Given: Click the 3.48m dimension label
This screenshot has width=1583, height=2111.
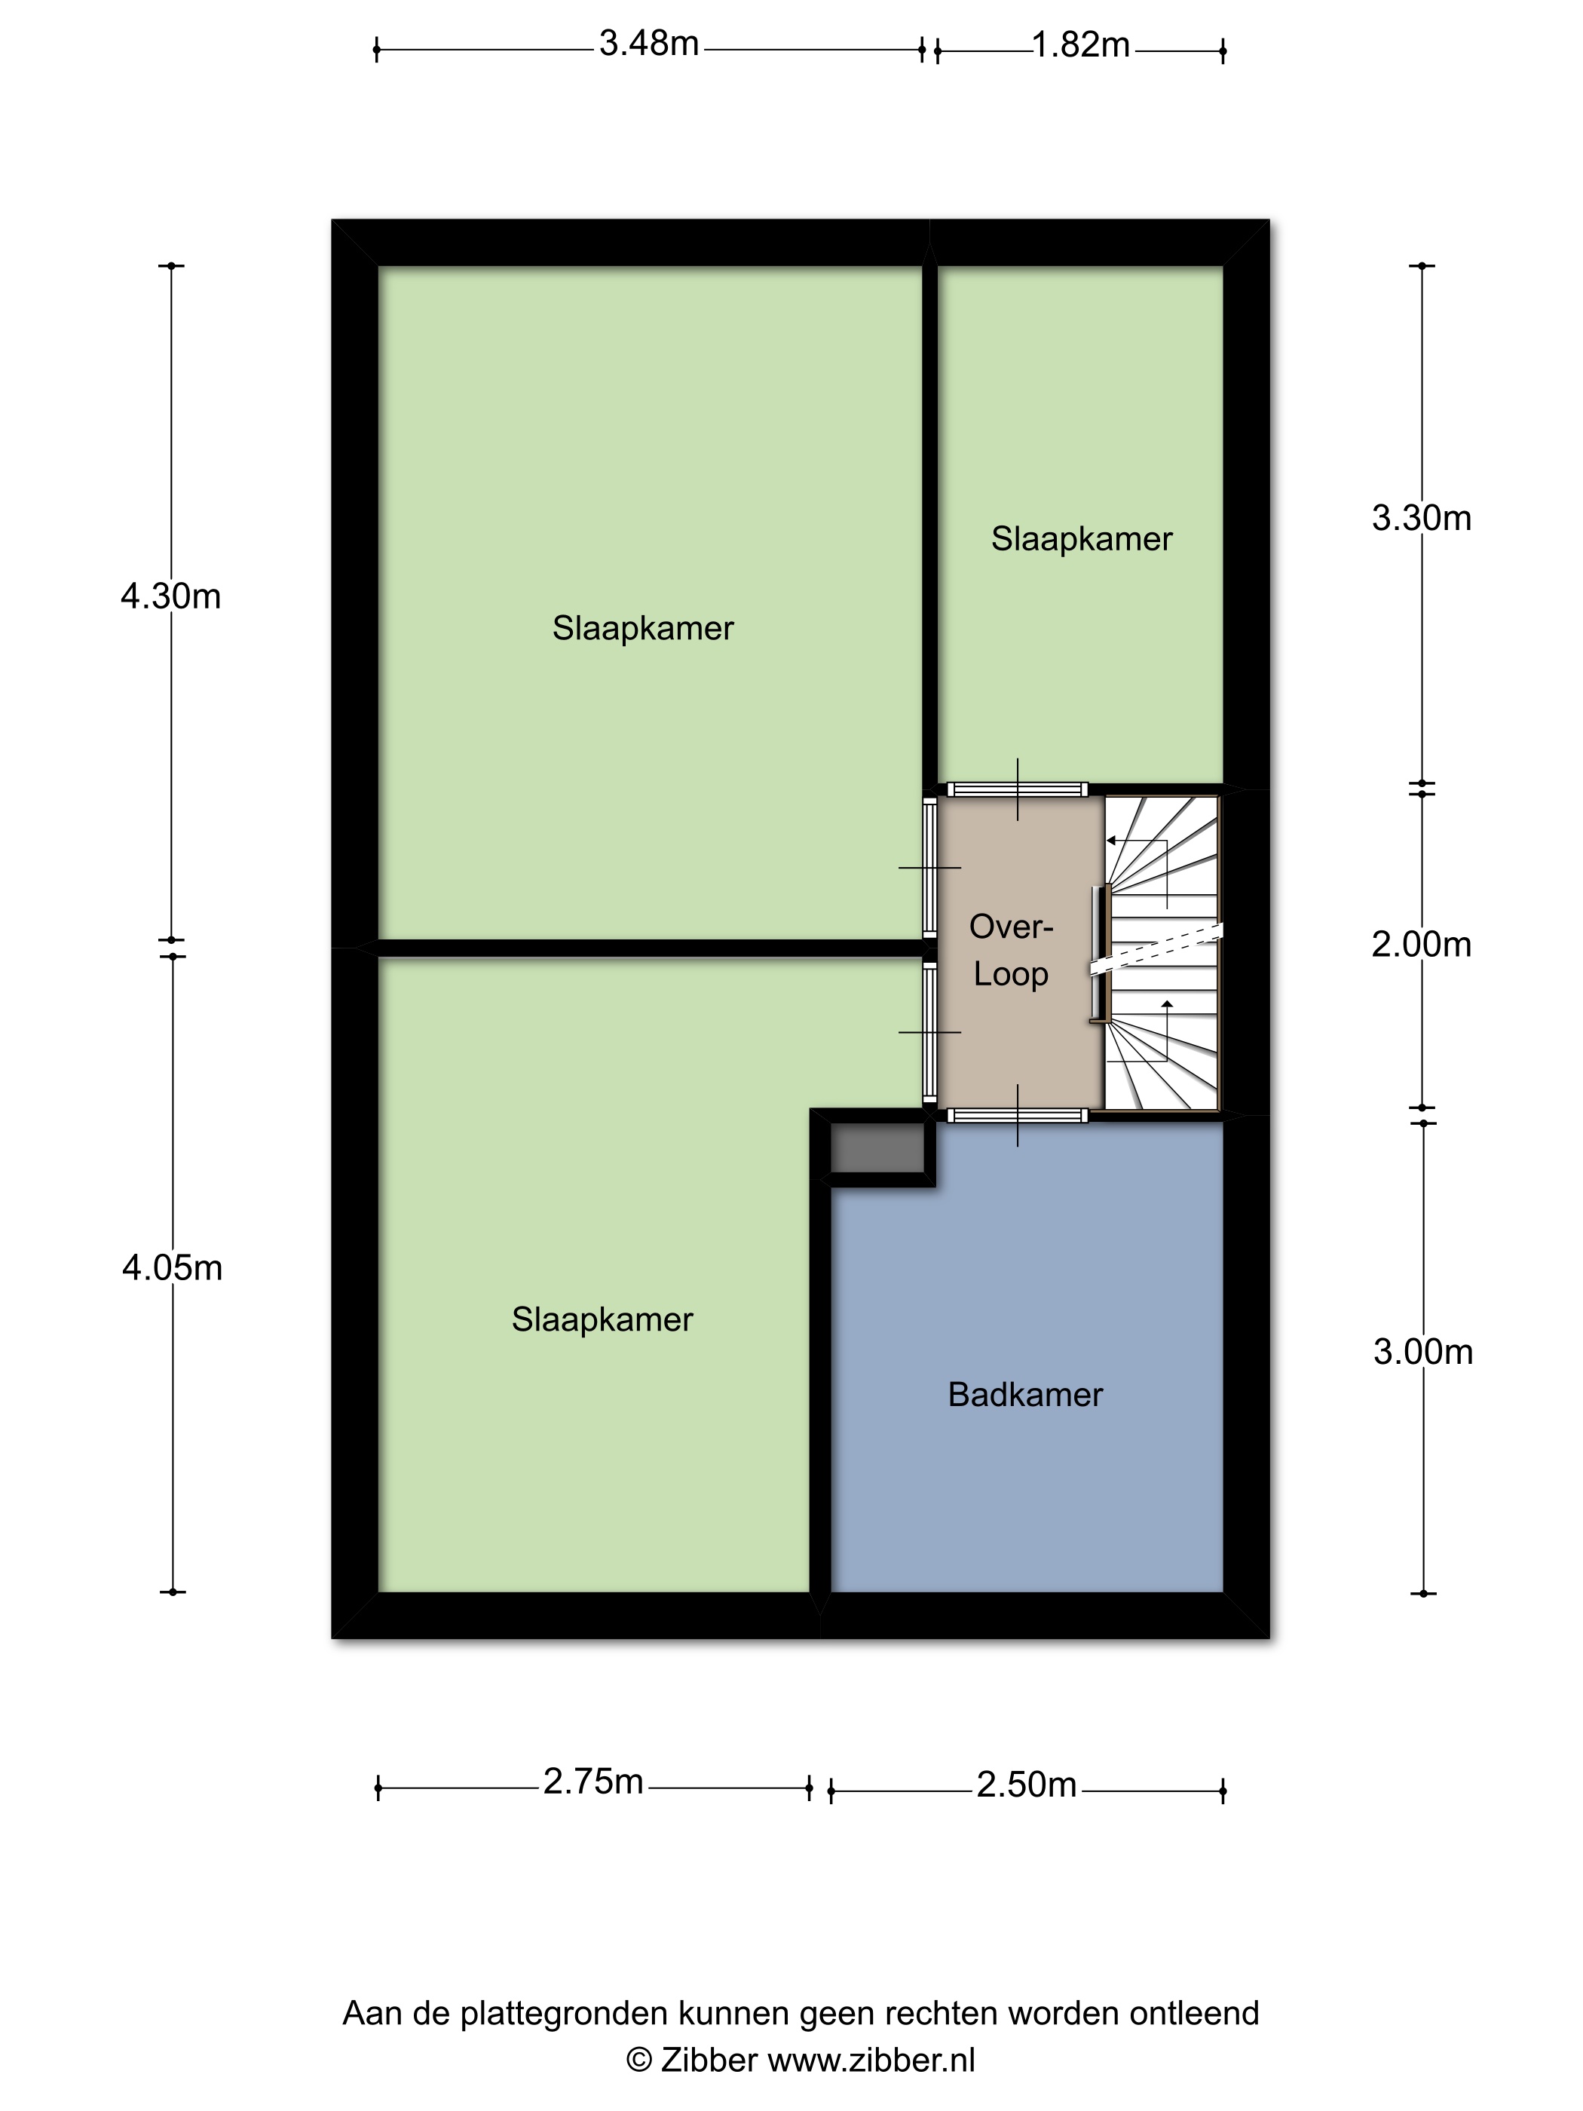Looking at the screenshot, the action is (649, 44).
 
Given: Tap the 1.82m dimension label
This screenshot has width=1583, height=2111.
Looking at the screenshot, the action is (1080, 44).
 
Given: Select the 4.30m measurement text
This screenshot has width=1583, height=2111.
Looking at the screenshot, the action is (171, 596).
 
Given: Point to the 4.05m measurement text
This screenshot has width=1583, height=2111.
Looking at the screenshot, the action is (172, 1268).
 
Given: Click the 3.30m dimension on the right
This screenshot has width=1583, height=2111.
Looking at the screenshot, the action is (1421, 518).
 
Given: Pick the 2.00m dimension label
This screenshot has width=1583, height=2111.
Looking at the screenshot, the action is (1421, 945).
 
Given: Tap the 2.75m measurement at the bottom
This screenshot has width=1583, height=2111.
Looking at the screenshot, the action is (592, 1782).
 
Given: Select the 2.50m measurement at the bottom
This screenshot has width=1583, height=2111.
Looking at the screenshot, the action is (1026, 1785).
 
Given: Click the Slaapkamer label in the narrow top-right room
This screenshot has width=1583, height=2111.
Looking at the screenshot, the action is (1081, 539).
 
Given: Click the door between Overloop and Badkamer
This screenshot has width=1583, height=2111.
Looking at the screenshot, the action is (1016, 1114).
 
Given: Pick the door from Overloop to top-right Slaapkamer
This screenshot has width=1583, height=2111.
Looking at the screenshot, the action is (1016, 789).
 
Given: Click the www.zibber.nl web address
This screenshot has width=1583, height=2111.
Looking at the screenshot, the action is (871, 2060).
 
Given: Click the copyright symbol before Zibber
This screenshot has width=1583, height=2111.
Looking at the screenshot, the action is (638, 2060).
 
